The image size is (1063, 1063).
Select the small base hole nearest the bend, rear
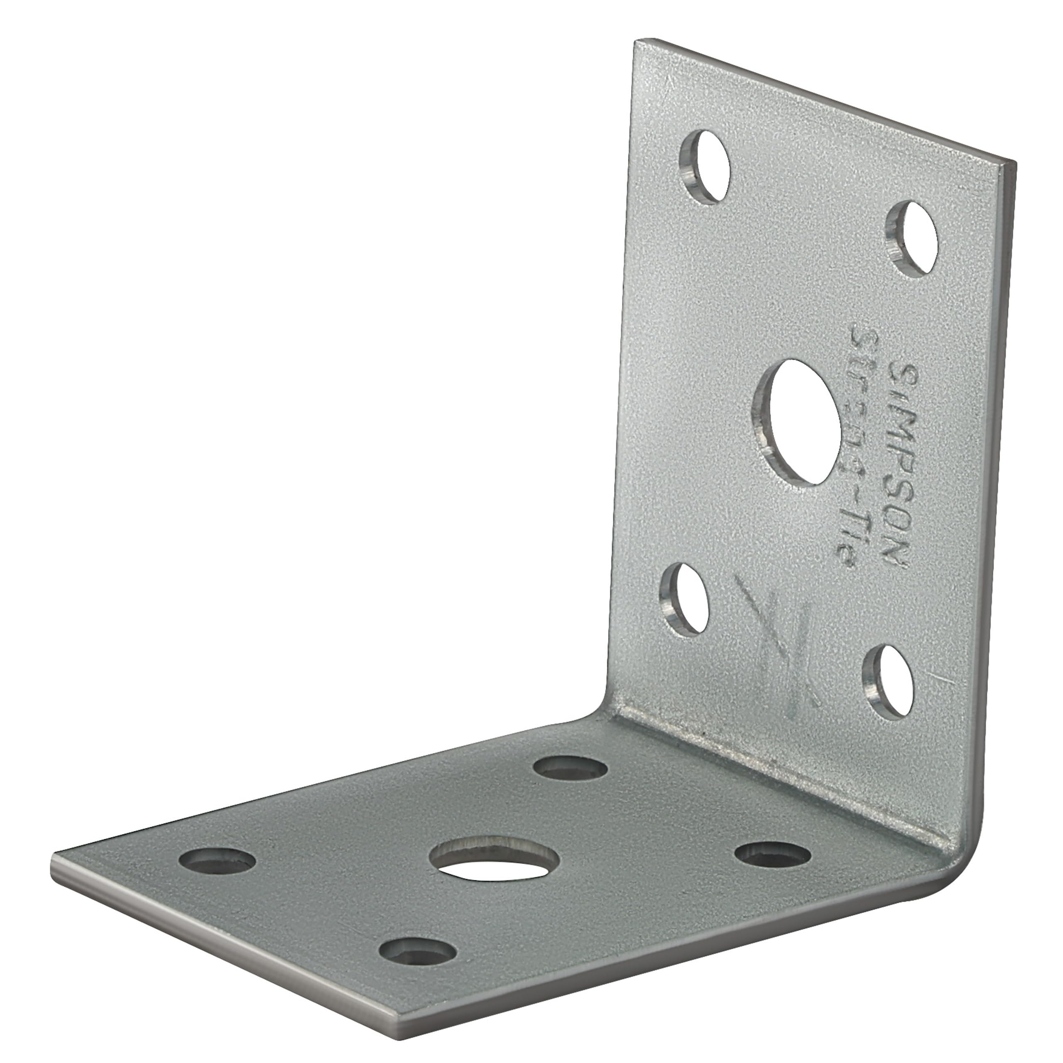coord(571,768)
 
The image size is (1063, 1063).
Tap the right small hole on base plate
coord(772,868)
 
